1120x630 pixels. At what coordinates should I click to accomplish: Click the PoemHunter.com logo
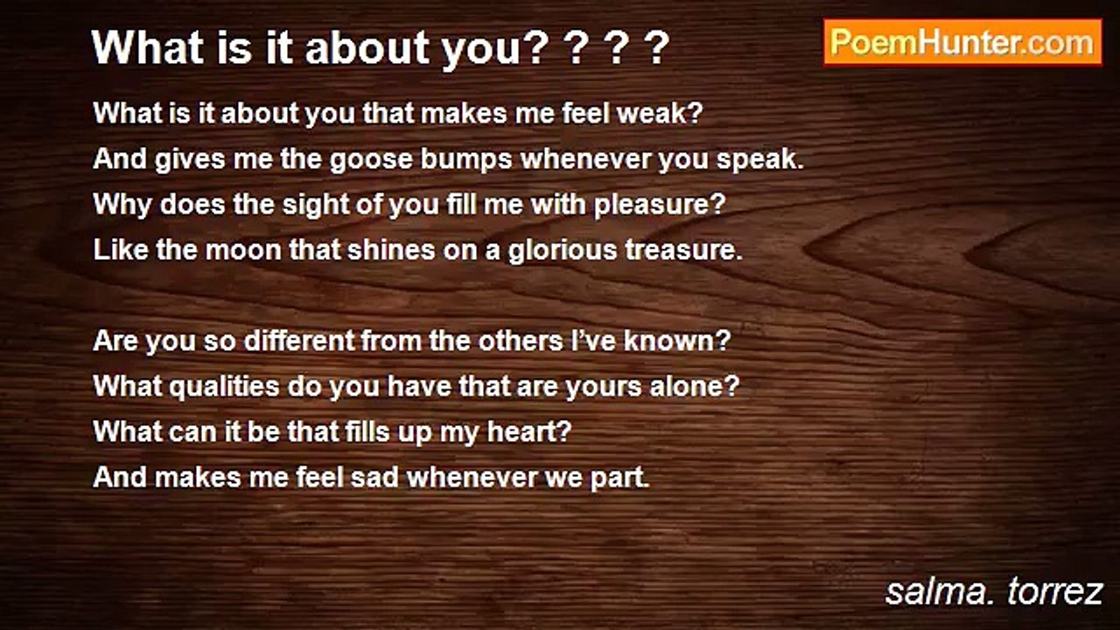coord(962,43)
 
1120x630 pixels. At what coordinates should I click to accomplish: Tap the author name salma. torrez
coord(993,591)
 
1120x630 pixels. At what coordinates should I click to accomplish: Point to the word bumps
coord(466,160)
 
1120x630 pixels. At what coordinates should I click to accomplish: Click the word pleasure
coord(660,205)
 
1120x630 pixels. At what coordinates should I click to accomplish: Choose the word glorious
coord(563,250)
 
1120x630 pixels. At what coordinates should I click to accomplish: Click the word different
coord(299,341)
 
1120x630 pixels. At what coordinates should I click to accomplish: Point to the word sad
coord(374,477)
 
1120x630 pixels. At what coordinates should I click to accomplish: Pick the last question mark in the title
coord(657,48)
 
